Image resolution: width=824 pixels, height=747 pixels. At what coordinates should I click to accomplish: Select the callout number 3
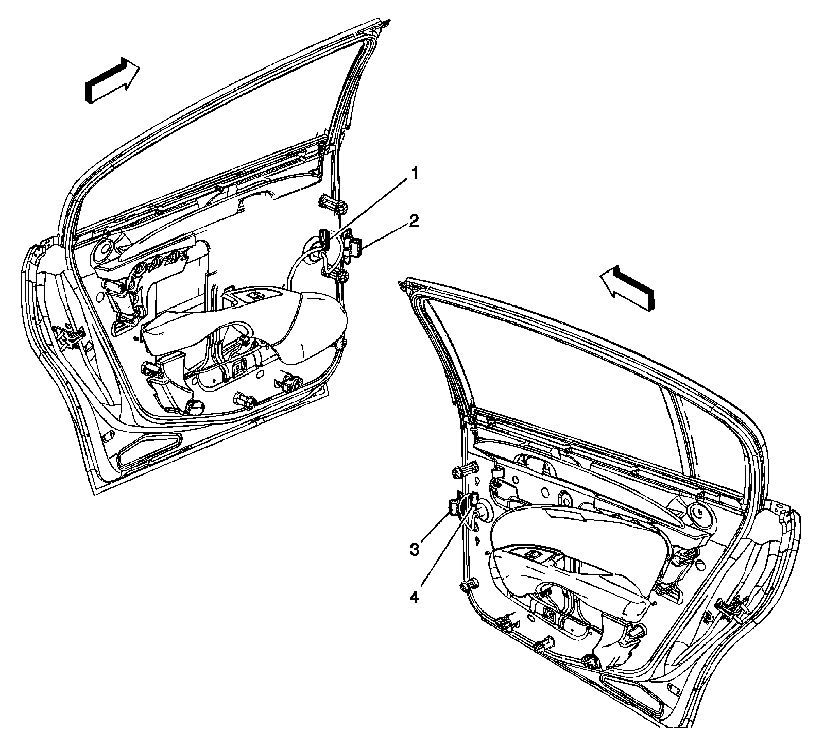[415, 549]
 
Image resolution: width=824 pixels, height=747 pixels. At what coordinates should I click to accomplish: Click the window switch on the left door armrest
[254, 296]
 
